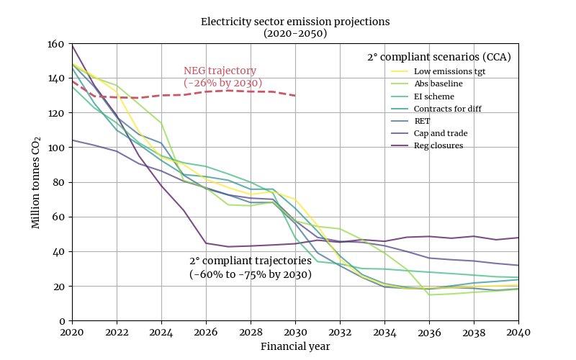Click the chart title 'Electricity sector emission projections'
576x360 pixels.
pyautogui.click(x=294, y=22)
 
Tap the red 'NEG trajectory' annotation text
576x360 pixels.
pyautogui.click(x=220, y=71)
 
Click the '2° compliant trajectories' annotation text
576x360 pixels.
pyautogui.click(x=251, y=261)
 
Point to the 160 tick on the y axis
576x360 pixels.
pyautogui.click(x=55, y=44)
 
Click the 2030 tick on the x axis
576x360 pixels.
pyautogui.click(x=295, y=332)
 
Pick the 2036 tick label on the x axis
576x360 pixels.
pyautogui.click(x=429, y=332)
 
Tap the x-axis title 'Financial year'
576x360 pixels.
pyautogui.click(x=294, y=346)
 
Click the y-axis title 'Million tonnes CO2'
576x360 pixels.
pyautogui.click(x=36, y=182)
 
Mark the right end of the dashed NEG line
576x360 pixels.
pyautogui.click(x=295, y=96)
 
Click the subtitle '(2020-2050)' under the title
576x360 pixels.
pyautogui.click(x=294, y=33)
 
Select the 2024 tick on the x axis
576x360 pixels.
pyautogui.click(x=161, y=332)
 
